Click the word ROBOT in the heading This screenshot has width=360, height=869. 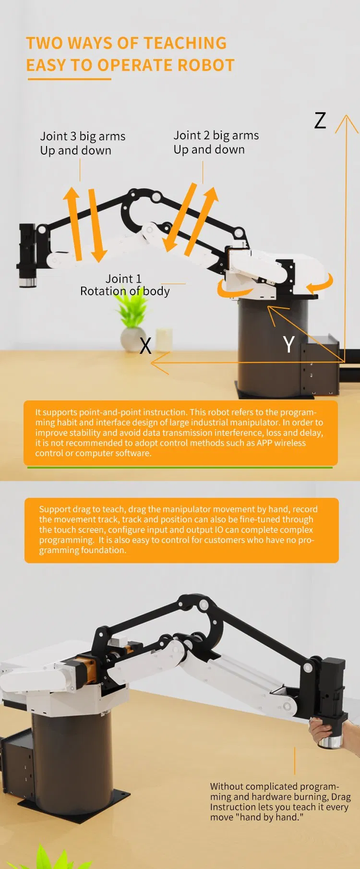[x=206, y=65]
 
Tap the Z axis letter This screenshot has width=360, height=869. [x=320, y=121]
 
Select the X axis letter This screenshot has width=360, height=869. [x=145, y=346]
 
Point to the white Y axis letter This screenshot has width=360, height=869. [x=288, y=344]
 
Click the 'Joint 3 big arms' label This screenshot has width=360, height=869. [x=83, y=136]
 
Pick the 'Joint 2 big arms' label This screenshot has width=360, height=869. [x=216, y=135]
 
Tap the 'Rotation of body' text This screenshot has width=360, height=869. [x=125, y=291]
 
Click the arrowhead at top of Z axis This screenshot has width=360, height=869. [x=347, y=122]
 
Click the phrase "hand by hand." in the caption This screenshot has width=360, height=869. [x=271, y=817]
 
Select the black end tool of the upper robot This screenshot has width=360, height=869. [x=27, y=254]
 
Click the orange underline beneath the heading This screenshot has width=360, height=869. [x=70, y=79]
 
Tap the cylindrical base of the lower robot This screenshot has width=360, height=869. [x=72, y=759]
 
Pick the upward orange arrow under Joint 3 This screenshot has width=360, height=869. [x=73, y=221]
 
